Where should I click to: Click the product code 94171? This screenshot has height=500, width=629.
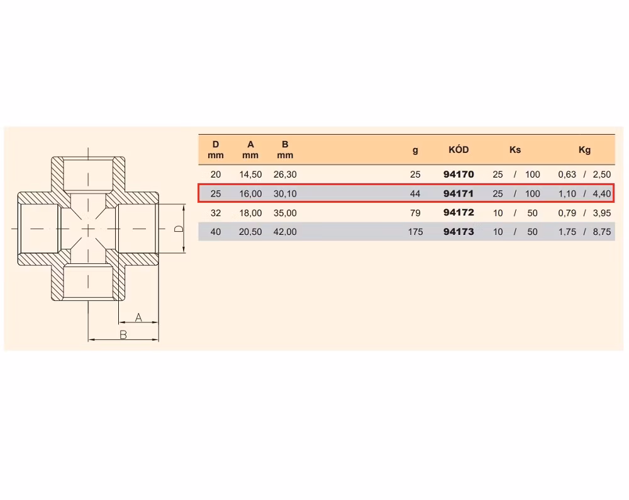(x=459, y=193)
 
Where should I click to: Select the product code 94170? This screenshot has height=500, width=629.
(x=459, y=174)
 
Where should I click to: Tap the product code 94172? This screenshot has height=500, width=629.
(x=459, y=212)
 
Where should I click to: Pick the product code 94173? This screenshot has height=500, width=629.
(x=459, y=232)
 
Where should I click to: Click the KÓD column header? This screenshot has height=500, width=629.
(x=459, y=150)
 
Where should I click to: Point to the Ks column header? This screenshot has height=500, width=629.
(x=515, y=150)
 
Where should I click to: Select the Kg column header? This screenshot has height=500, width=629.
(x=584, y=150)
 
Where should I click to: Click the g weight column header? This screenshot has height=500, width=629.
(x=415, y=151)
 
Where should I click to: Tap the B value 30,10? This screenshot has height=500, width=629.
(x=285, y=193)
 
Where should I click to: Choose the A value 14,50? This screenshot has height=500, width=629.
(x=250, y=174)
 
